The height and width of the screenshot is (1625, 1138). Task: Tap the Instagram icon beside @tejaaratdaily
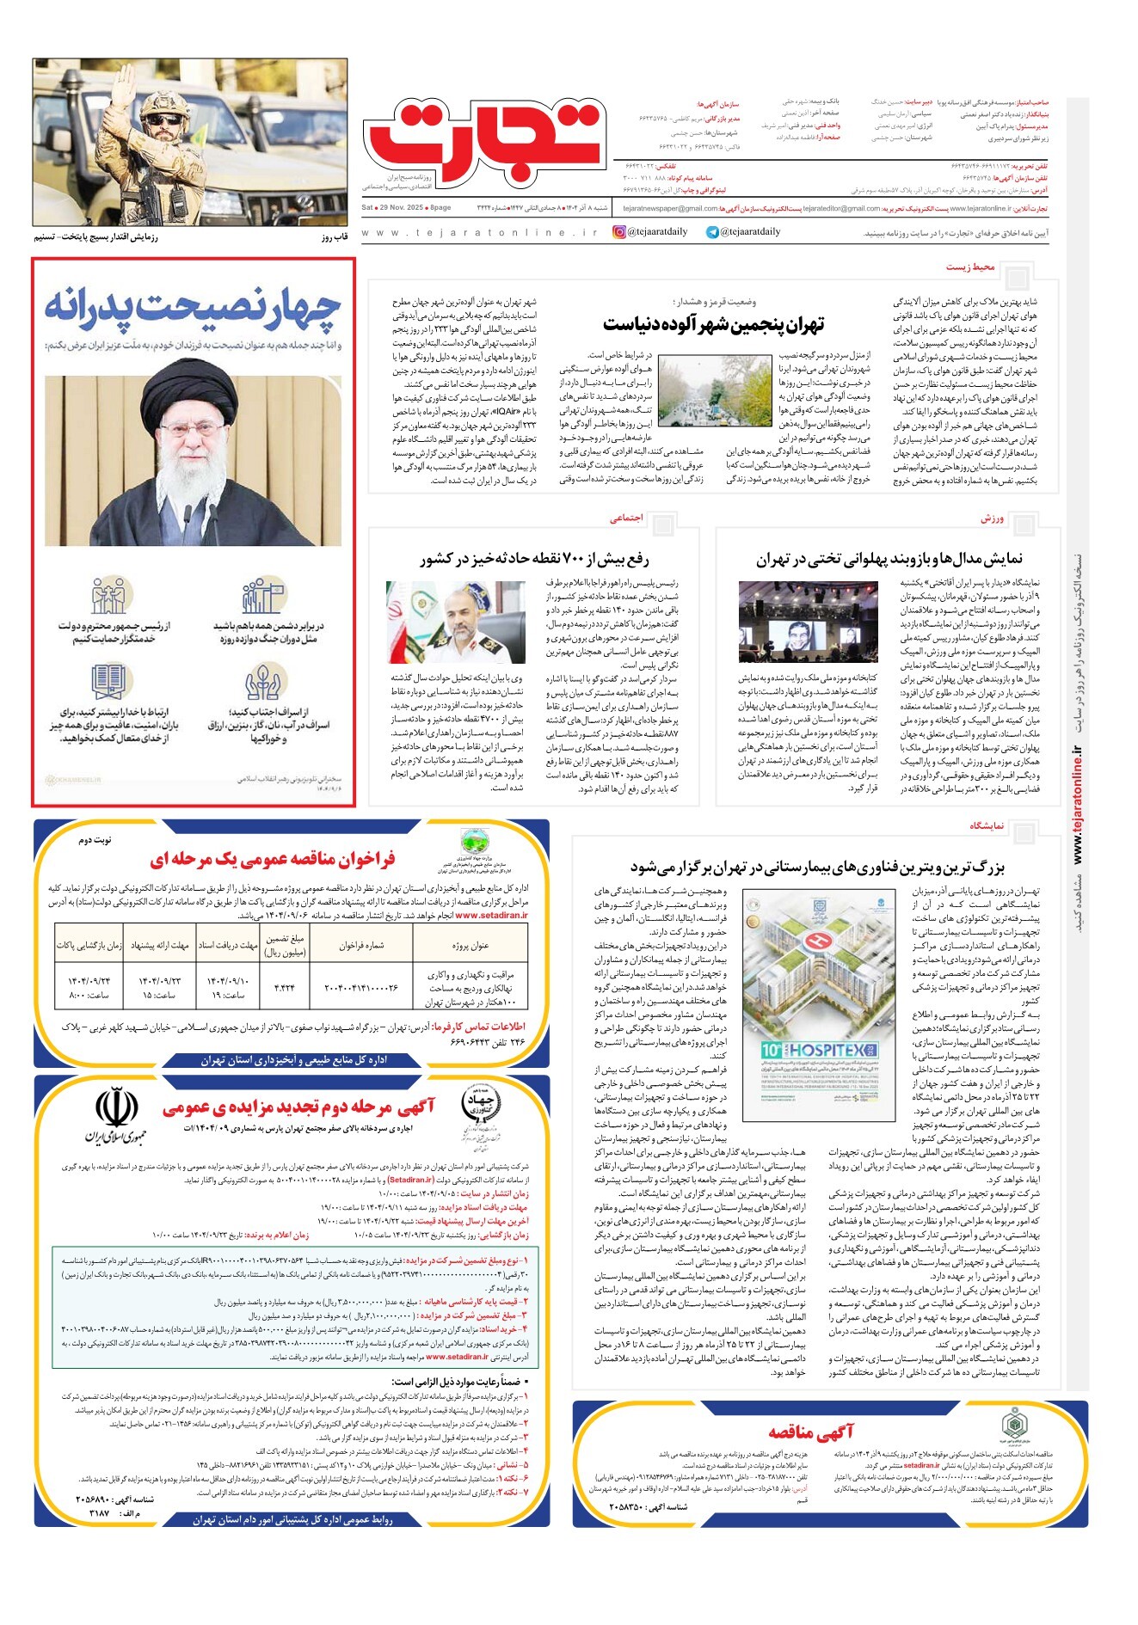coord(618,232)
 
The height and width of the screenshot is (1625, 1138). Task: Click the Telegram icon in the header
coord(712,232)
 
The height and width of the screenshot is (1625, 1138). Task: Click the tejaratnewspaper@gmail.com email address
coord(670,208)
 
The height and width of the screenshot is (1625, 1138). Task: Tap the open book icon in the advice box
coord(109,682)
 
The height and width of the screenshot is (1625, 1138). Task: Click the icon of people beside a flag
coord(262,595)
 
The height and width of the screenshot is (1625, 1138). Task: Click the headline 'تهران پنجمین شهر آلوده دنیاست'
coord(713,324)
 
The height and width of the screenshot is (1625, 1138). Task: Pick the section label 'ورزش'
coord(992,519)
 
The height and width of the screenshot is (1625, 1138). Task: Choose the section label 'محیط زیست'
coord(970,267)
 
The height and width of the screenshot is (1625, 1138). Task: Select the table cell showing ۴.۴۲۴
coord(284,988)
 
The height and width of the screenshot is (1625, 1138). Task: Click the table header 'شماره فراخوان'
coord(361,946)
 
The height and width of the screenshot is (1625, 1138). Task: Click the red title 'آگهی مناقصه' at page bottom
coord(810,1432)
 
